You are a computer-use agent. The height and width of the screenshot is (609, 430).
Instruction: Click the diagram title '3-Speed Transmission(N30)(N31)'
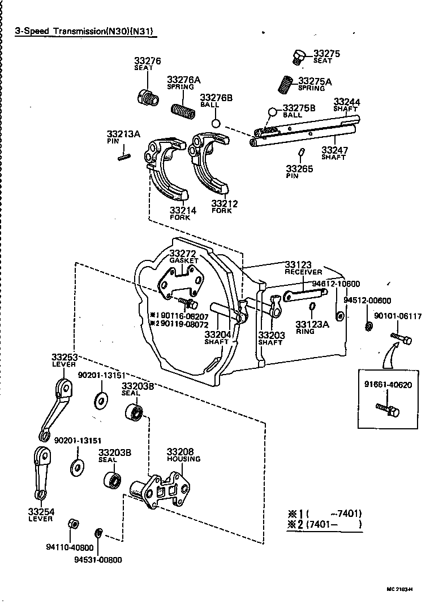pos(85,31)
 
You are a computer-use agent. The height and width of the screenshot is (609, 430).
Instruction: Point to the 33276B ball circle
pos(216,123)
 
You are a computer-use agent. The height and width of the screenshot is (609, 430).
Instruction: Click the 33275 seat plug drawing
pos(298,56)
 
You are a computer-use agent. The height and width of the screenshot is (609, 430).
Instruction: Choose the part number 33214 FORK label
pos(182,214)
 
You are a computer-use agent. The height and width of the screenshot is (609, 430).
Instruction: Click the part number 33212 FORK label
pos(224,206)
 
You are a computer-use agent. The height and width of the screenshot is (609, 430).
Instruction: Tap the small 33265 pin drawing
pos(302,153)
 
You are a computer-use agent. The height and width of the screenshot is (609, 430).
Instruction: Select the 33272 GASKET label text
pos(184,256)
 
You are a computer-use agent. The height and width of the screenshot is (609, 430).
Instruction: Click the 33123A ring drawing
pos(312,307)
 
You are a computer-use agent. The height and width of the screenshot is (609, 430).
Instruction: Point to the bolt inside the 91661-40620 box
pos(388,409)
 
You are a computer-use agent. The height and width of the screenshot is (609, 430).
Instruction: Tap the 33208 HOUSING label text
pos(183,455)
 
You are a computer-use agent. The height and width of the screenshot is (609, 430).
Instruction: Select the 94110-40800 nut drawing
pos(72,523)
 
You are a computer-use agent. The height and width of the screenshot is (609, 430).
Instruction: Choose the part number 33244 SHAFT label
pos(346,105)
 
